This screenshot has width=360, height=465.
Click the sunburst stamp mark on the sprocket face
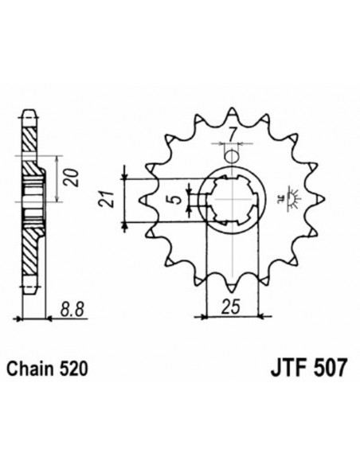point(288,195)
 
